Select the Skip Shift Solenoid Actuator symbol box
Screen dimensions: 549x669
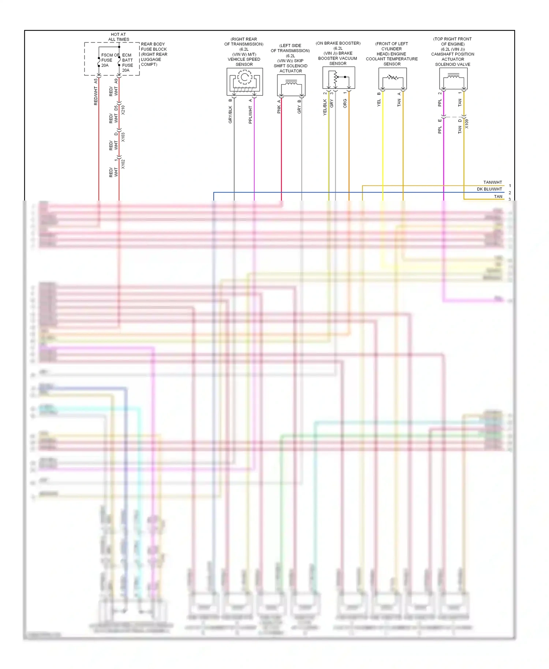(x=291, y=85)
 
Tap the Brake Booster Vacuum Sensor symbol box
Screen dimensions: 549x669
(x=339, y=78)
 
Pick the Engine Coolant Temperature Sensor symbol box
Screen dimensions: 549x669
(x=392, y=79)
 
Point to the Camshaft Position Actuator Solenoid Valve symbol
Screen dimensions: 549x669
(x=453, y=79)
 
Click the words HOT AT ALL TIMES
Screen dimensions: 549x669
(x=118, y=37)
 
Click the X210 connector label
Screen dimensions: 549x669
(x=123, y=110)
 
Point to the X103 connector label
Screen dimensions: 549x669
(x=123, y=137)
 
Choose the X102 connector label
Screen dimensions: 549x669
(x=123, y=164)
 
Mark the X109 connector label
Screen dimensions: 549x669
(x=467, y=124)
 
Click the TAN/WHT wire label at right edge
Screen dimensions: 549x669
(x=493, y=182)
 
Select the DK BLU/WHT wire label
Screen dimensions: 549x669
(x=489, y=189)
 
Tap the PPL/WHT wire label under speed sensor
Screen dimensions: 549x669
(x=250, y=115)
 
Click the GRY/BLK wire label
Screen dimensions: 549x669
(x=230, y=115)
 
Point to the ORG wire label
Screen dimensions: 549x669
(x=345, y=104)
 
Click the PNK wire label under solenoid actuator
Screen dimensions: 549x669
(x=279, y=109)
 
